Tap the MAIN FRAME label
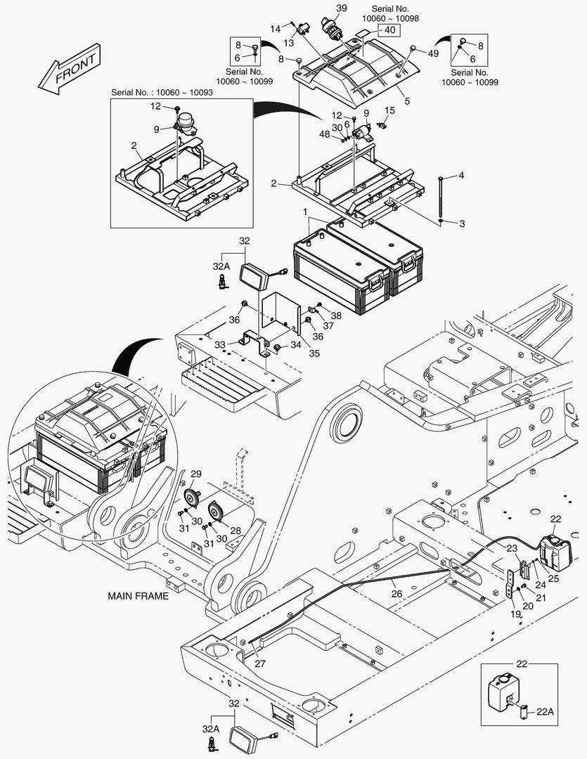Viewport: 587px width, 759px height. [x=138, y=595]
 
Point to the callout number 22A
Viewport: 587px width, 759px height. [x=545, y=711]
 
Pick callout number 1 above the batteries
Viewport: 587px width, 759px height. [x=305, y=212]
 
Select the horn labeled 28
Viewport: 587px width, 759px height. [x=214, y=512]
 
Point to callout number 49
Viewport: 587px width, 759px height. [x=433, y=53]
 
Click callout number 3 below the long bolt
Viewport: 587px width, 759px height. [x=462, y=224]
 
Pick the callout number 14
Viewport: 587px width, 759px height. [x=275, y=28]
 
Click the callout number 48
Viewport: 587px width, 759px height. [x=325, y=134]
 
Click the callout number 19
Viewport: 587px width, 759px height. [x=515, y=614]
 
